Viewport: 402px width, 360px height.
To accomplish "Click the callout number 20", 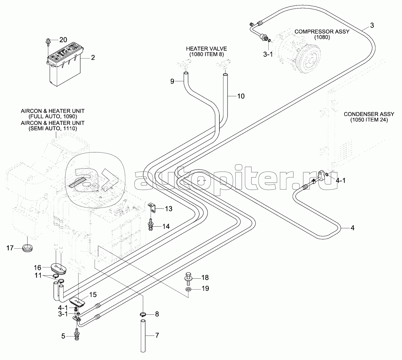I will (x=63, y=40).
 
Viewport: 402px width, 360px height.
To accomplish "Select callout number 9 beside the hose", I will (x=172, y=81).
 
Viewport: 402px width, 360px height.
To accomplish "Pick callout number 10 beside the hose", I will (x=240, y=96).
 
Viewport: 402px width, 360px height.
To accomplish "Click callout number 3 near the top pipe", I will (x=372, y=25).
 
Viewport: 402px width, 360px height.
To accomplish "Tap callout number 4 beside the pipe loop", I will (x=352, y=228).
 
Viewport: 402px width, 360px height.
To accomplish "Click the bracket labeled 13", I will (x=152, y=207).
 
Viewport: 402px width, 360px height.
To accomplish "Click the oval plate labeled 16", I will (x=58, y=267).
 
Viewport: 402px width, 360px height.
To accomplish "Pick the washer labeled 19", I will (x=188, y=289).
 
